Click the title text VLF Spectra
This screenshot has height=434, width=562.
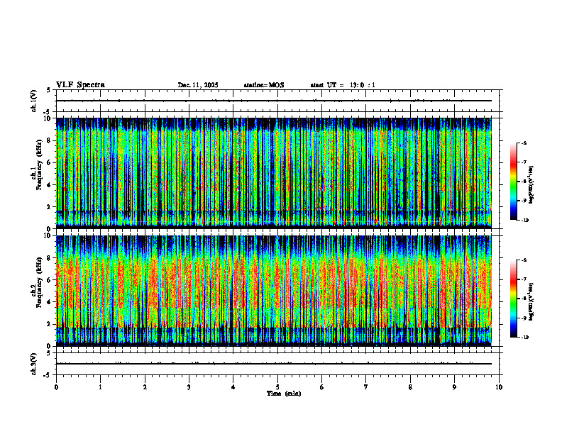tap(80, 85)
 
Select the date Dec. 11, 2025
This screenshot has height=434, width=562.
tap(198, 85)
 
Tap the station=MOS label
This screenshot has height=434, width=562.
tap(263, 85)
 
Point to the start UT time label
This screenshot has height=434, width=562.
tap(343, 85)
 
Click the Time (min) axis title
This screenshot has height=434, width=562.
tap(283, 394)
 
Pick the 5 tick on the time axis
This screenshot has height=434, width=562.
tap(277, 386)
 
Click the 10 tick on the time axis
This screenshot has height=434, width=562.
tap(499, 386)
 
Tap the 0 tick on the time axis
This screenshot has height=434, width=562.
tap(56, 386)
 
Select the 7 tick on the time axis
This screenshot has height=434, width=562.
tap(366, 386)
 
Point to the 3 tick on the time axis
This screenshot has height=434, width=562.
tap(189, 386)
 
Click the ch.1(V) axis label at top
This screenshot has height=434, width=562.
tap(34, 101)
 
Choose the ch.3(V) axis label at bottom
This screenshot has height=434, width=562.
tap(34, 363)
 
